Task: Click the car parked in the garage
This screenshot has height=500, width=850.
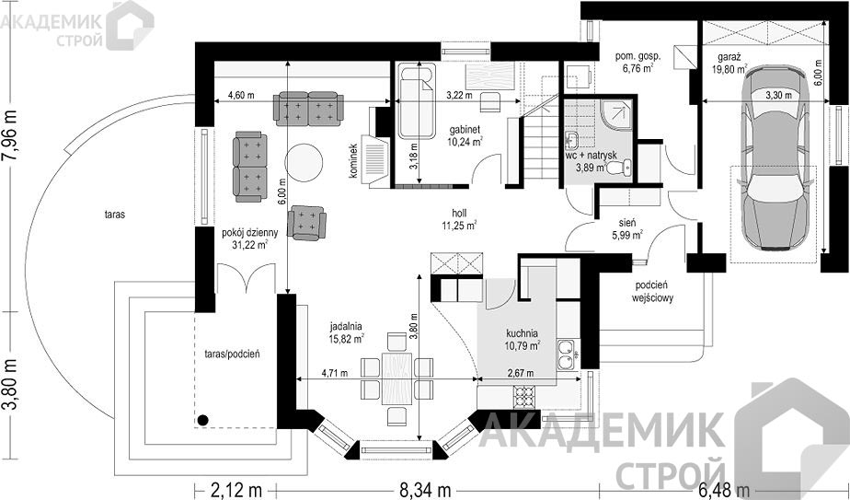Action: point(774,157)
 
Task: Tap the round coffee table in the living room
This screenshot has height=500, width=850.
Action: point(304,162)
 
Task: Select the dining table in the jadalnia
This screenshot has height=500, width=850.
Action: point(396,378)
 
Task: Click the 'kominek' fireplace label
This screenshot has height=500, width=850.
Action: point(353,161)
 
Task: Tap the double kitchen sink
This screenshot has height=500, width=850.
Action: point(567,354)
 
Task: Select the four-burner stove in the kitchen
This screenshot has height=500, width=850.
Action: point(523,397)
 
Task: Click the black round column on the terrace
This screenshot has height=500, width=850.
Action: point(202,419)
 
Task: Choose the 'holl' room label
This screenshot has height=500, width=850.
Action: point(459,214)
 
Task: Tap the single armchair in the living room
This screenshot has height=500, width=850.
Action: point(307,223)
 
